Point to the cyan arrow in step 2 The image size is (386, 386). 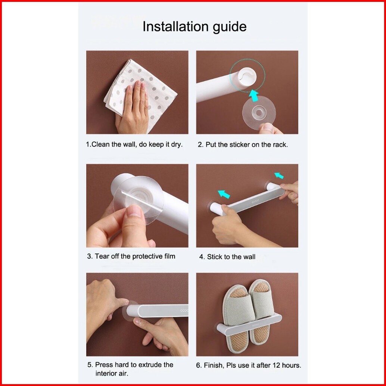tap(254, 96)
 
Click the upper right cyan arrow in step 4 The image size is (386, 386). tap(279, 175)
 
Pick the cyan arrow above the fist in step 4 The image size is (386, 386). tap(224, 194)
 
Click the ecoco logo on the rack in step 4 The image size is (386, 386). tap(255, 202)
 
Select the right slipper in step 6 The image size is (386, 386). tap(261, 311)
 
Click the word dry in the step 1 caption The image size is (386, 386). tap(177, 144)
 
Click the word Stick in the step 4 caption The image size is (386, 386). tap(215, 257)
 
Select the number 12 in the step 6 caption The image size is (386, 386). tap(276, 365)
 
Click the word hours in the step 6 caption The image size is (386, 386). tap(292, 365)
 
